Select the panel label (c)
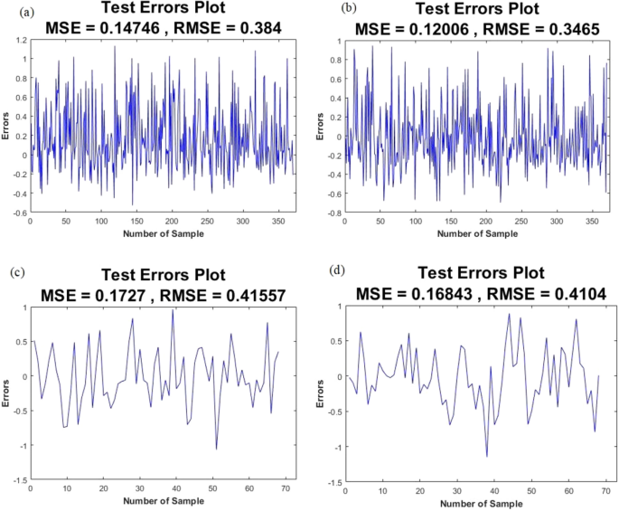pyautogui.click(x=13, y=271)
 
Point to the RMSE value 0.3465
pyautogui.click(x=552, y=28)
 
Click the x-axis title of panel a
pyautogui.click(x=164, y=234)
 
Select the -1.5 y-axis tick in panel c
pyautogui.click(x=15, y=480)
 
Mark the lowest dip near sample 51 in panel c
pyautogui.click(x=216, y=449)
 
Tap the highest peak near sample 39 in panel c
pyautogui.click(x=173, y=310)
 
